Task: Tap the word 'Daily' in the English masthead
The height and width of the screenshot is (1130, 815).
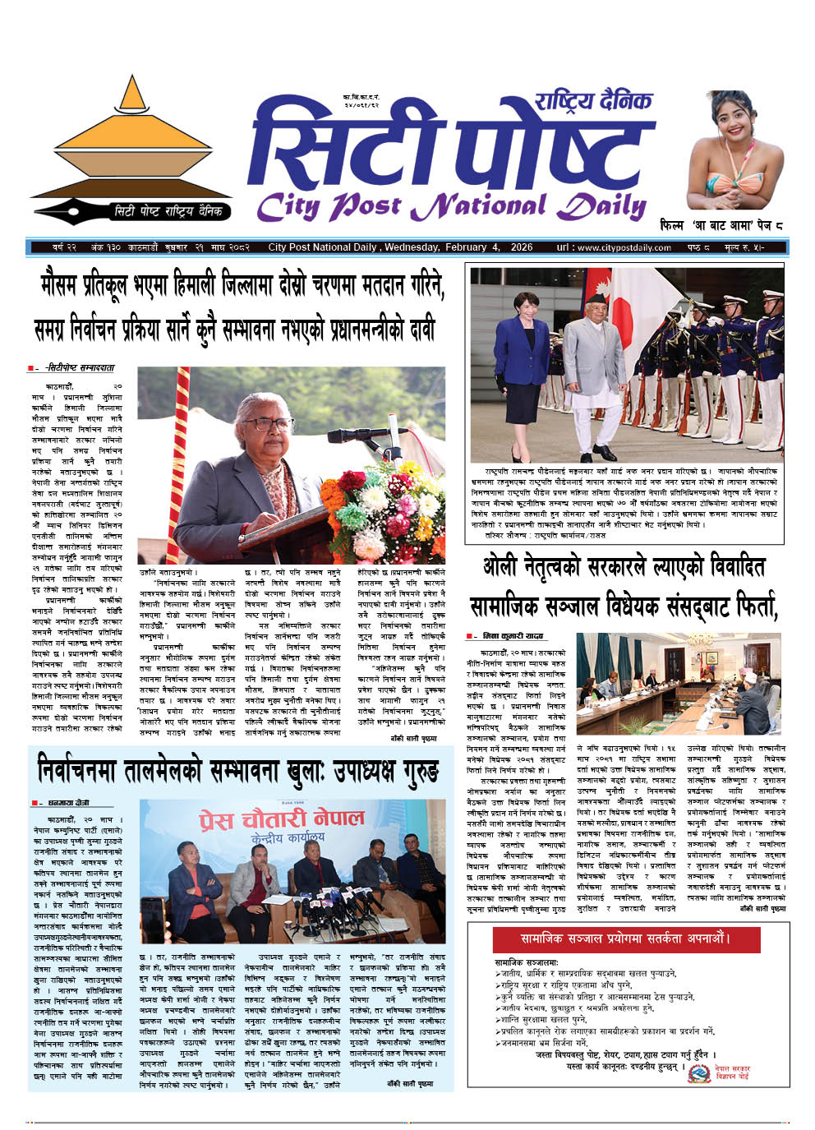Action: click(x=601, y=206)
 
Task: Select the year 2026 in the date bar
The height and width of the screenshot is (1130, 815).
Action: click(x=521, y=247)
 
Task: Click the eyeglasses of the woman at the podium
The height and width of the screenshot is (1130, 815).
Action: click(x=267, y=424)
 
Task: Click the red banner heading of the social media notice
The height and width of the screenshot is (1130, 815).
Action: click(x=625, y=938)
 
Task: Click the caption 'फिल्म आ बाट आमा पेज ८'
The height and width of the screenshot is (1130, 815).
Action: click(x=721, y=224)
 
